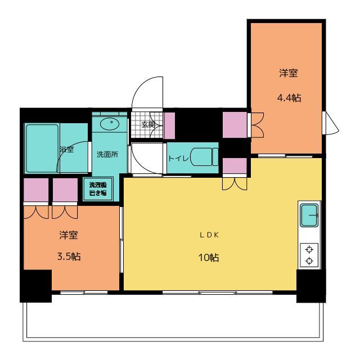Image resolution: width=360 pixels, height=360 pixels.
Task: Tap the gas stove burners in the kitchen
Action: pos(309,254)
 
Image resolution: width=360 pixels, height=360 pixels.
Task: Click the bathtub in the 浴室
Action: pos(41,148)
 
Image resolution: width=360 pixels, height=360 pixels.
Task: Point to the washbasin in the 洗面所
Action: pos(111,123)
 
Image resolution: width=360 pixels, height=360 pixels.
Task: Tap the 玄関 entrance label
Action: pos(148,125)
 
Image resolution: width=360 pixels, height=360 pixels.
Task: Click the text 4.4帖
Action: pos(289,98)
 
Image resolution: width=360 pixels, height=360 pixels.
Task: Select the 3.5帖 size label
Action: pos(69,256)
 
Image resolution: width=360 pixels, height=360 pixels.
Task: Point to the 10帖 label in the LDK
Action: pos(208,258)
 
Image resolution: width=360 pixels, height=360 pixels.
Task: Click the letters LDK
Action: pos(208,236)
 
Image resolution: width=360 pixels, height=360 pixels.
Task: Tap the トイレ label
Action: pos(178,158)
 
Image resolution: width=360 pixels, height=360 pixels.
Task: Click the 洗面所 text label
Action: pos(107,155)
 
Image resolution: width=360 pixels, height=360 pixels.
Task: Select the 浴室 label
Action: pos(66,149)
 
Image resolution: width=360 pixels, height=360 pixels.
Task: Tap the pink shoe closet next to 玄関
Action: pos(169,125)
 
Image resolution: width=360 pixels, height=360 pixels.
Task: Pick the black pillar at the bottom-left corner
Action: pos(35,285)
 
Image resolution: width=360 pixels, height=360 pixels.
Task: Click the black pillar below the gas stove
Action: pos(311,285)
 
